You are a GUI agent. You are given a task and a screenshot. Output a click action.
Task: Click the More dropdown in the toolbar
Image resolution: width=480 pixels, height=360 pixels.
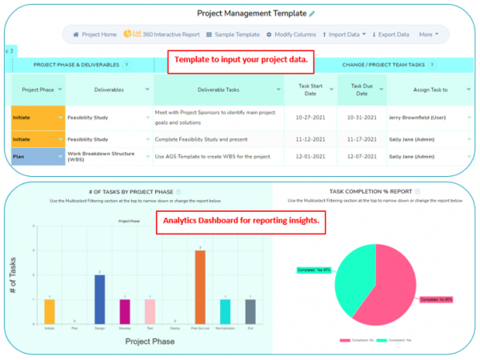point(428,34)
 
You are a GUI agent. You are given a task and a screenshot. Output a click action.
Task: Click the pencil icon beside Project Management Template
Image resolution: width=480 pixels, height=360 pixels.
point(312,14)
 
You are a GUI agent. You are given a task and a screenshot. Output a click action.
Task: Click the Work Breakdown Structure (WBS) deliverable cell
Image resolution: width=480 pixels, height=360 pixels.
point(107,156)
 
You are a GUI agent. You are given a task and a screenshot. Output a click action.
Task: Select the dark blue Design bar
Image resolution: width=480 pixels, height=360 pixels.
point(100,298)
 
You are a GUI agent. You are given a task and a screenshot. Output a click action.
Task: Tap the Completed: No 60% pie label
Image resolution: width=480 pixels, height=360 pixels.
point(437,298)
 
